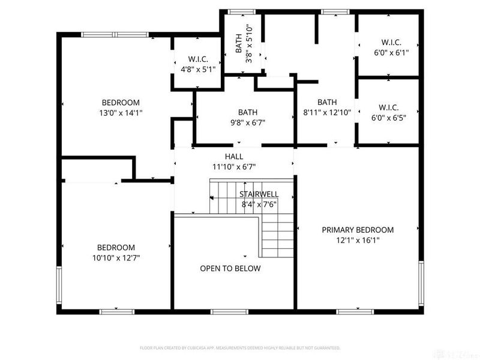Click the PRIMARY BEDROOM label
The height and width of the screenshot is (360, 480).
point(358,230)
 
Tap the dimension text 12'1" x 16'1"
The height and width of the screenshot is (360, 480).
point(358,240)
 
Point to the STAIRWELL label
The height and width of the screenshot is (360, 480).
point(258,194)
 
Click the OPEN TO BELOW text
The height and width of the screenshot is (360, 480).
point(230,268)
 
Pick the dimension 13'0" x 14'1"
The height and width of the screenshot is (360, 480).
point(121,112)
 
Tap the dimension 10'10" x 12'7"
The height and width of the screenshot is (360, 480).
point(116,257)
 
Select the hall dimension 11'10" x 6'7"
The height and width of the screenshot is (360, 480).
point(234,167)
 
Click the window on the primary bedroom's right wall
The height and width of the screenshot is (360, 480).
point(421,282)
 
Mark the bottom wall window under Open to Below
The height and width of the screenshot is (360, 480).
point(230,311)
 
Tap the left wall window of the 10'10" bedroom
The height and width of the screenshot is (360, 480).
point(59,285)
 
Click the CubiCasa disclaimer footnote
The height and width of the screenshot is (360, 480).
point(240,348)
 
